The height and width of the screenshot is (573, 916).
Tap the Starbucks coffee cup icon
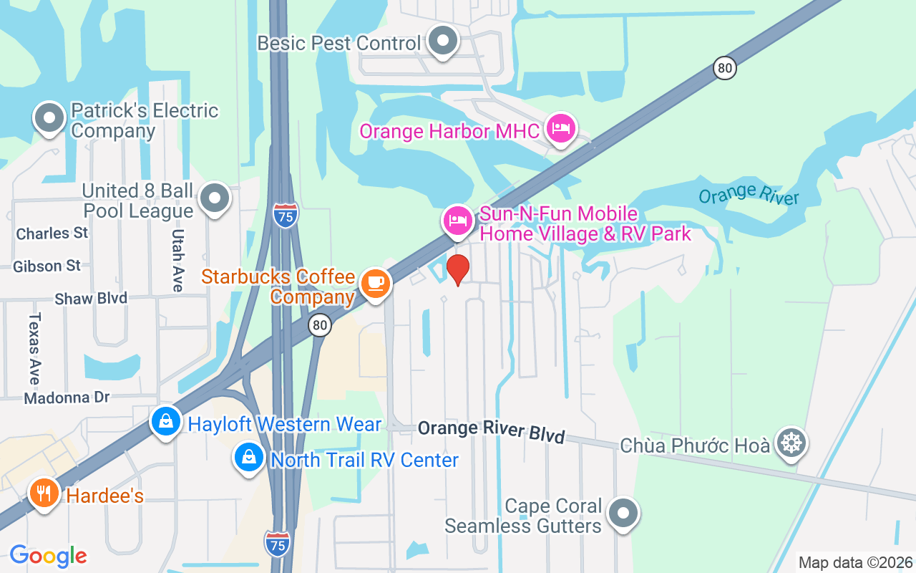click(x=374, y=283)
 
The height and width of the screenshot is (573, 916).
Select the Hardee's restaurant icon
click(x=44, y=493)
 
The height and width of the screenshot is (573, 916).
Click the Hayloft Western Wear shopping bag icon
click(x=166, y=423)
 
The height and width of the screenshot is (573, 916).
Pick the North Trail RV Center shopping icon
click(x=249, y=457)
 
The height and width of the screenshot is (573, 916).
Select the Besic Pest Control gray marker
click(x=443, y=41)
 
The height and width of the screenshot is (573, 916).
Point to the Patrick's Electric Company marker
click(x=49, y=118)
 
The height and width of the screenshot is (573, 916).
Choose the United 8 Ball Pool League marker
click(x=215, y=198)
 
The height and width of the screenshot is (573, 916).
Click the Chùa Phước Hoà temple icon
click(x=791, y=443)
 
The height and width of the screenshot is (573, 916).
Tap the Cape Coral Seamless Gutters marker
click(x=623, y=513)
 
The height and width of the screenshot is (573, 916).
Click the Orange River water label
click(x=749, y=193)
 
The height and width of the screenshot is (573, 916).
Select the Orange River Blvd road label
click(x=492, y=431)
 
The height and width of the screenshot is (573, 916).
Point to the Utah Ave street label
click(x=178, y=260)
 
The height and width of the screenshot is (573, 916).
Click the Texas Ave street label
click(x=34, y=349)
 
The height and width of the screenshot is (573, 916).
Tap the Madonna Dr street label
click(x=67, y=398)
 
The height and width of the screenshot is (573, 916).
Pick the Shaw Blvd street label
click(x=91, y=299)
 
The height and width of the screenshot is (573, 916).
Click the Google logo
click(x=48, y=556)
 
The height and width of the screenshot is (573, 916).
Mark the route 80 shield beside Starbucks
click(x=320, y=326)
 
